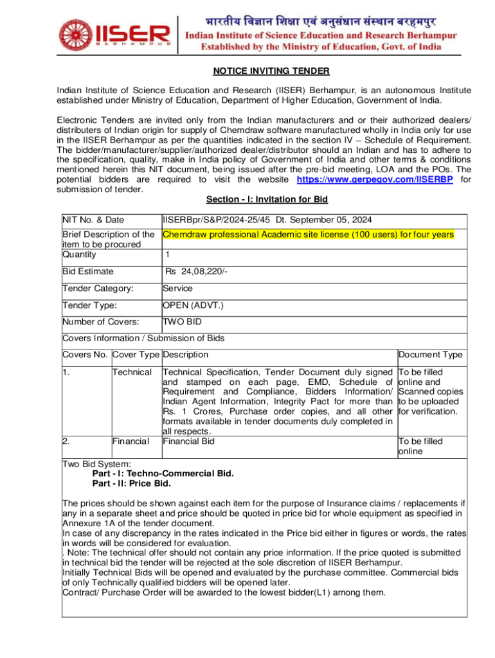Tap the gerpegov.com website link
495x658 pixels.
(375, 180)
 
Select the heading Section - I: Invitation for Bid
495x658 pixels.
(267, 200)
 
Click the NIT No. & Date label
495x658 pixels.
(93, 220)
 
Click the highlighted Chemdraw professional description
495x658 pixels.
(309, 235)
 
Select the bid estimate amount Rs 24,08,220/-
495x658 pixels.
(196, 272)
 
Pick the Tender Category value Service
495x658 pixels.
(177, 289)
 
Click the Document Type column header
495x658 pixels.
(430, 355)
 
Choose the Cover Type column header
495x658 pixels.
(136, 355)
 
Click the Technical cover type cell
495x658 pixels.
(132, 372)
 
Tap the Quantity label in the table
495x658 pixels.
(79, 254)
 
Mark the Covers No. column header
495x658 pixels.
(85, 355)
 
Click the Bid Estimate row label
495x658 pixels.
(87, 272)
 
